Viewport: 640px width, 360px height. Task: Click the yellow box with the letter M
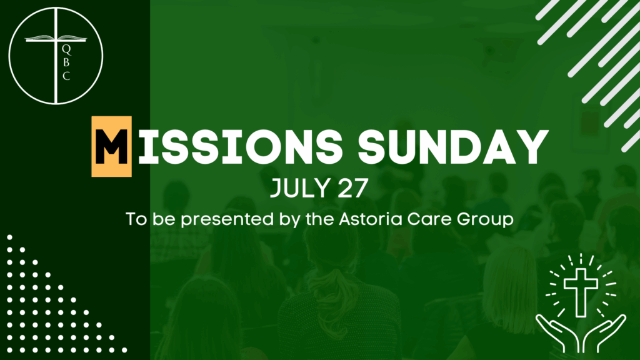pyautogui.click(x=111, y=146)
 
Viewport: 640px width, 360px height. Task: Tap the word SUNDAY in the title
pyautogui.click(x=453, y=147)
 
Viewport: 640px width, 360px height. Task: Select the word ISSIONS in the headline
pyautogui.click(x=241, y=147)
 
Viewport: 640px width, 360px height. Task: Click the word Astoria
pyautogui.click(x=371, y=219)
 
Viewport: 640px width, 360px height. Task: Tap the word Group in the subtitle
pyautogui.click(x=485, y=221)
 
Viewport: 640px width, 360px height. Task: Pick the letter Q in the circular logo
pyautogui.click(x=66, y=50)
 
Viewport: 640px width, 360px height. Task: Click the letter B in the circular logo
pyautogui.click(x=66, y=63)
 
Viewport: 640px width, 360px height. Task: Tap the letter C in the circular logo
pyautogui.click(x=66, y=76)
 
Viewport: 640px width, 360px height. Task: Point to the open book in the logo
pyautogui.click(x=56, y=38)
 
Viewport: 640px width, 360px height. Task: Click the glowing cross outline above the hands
pyautogui.click(x=581, y=292)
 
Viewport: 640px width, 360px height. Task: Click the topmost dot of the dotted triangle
pyautogui.click(x=9, y=237)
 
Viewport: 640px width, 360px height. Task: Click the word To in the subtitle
pyautogui.click(x=137, y=219)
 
